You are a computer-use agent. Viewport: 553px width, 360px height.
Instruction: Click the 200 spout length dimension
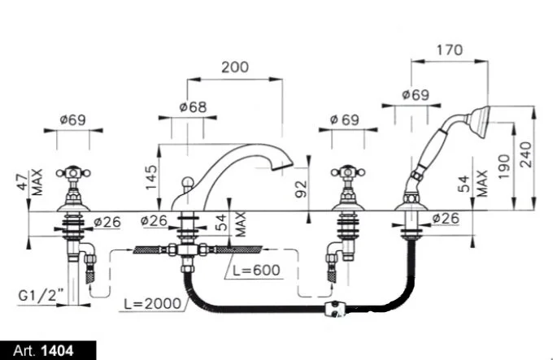point(235,68)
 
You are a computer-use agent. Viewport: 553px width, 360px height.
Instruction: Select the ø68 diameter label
point(193,107)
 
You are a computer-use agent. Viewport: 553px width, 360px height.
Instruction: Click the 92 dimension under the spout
point(300,189)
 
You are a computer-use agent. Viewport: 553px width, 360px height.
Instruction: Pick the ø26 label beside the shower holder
point(446,219)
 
